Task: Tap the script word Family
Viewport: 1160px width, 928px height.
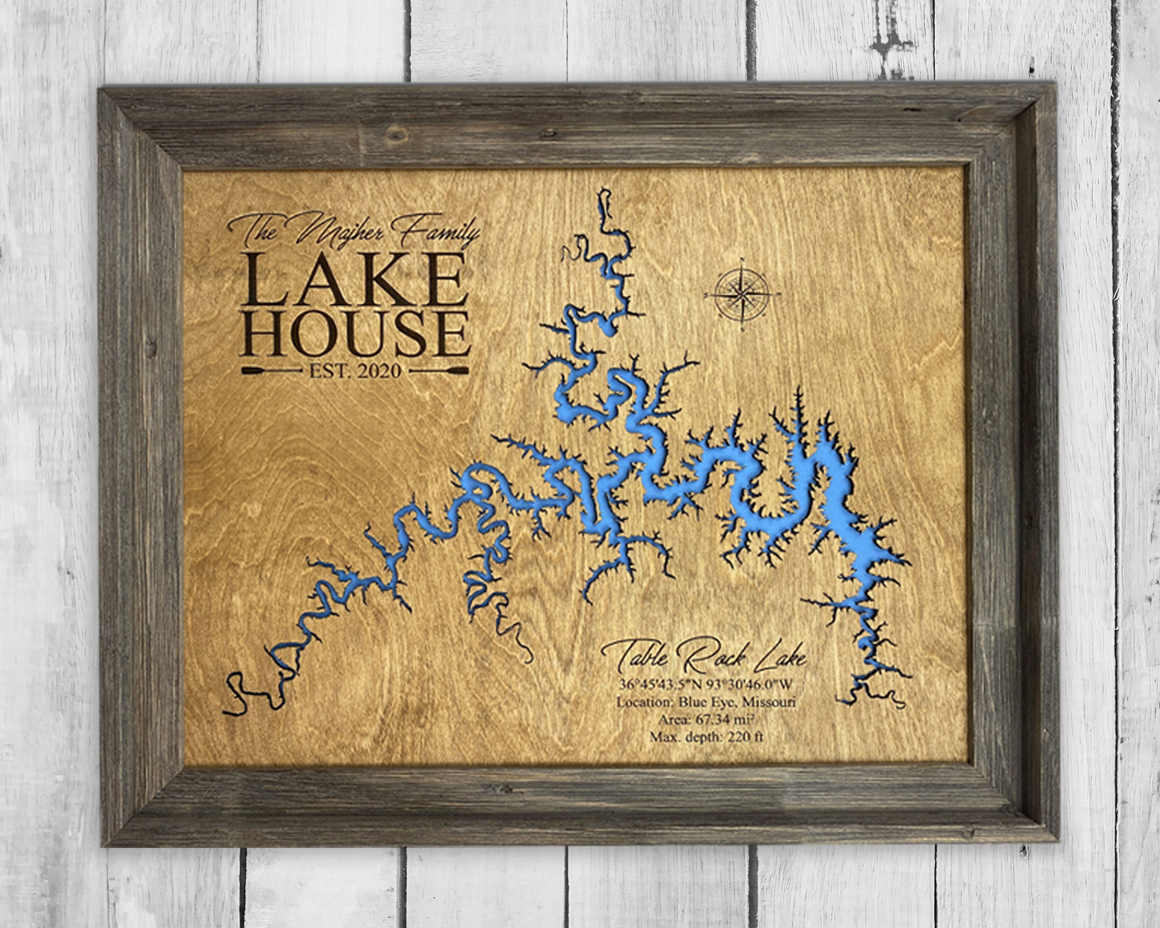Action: click(x=435, y=230)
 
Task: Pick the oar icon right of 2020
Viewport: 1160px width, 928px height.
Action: click(x=438, y=371)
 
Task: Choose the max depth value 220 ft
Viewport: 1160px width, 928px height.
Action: click(x=745, y=737)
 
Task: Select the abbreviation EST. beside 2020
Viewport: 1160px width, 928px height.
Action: click(x=328, y=371)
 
